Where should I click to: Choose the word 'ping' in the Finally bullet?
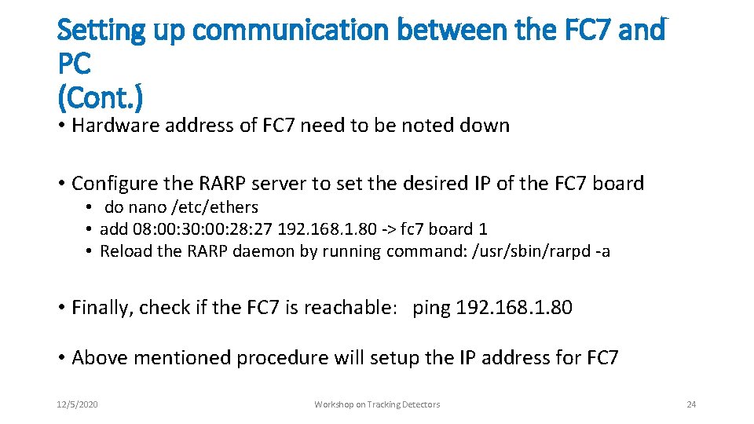click(x=431, y=308)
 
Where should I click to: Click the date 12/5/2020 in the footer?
click(x=78, y=404)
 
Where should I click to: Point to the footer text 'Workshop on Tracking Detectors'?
click(x=377, y=404)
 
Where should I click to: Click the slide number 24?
click(x=691, y=404)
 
